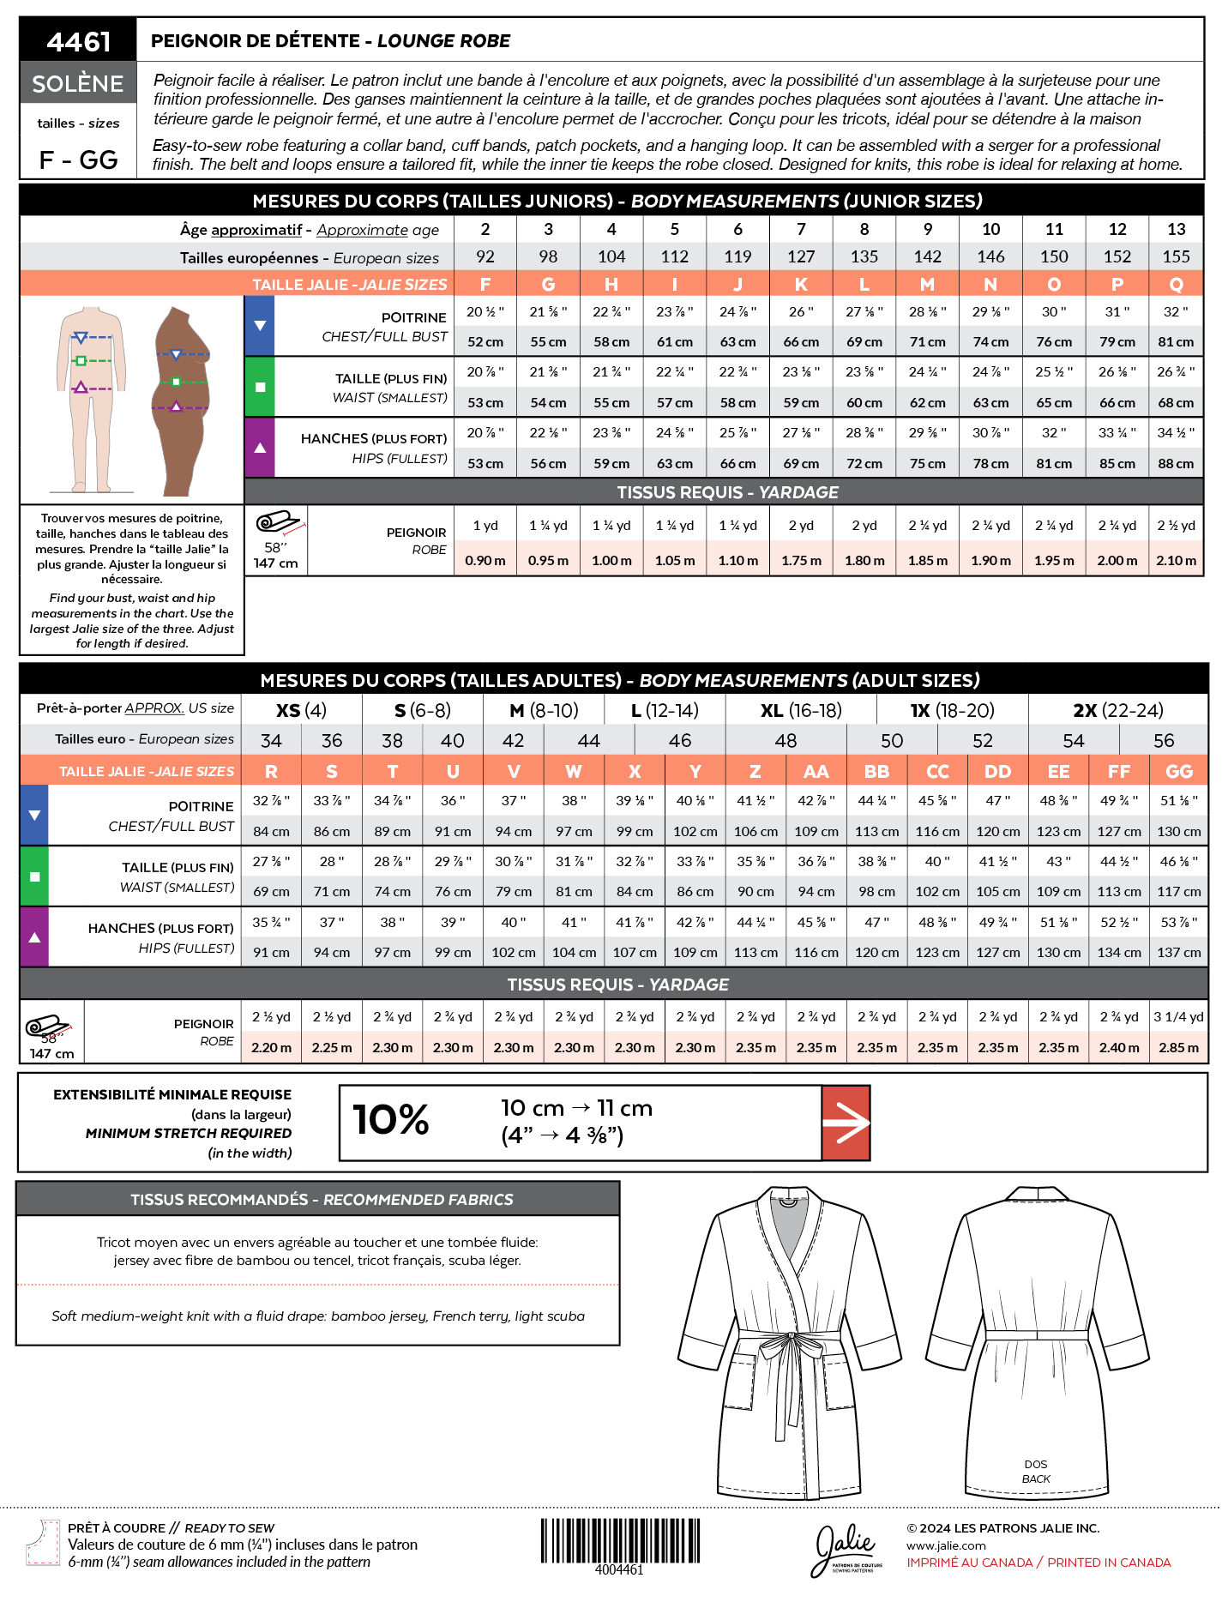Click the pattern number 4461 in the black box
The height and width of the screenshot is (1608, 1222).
tap(78, 40)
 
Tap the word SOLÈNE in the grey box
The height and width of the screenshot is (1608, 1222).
tap(78, 83)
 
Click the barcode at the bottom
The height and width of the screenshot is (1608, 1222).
tap(619, 1540)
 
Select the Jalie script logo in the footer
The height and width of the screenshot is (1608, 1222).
tap(846, 1546)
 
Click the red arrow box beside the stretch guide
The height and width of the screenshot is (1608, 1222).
tap(846, 1123)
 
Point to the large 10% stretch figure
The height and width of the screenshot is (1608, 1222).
tap(391, 1120)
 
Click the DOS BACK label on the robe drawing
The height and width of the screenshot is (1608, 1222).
tap(1036, 1472)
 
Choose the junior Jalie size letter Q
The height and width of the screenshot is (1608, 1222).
tap(1176, 284)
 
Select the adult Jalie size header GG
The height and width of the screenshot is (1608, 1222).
tap(1179, 771)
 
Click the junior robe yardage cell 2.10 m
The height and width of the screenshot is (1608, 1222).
tap(1176, 560)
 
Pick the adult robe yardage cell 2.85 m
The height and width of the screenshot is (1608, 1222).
tap(1179, 1047)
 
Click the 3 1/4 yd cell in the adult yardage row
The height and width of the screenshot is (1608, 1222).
tap(1178, 1016)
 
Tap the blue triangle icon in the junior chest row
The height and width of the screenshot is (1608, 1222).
tap(260, 326)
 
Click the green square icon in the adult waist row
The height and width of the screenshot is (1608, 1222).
tap(34, 876)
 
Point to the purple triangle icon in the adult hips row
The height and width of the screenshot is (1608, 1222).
tap(34, 937)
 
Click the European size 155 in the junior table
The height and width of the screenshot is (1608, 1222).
tap(1176, 256)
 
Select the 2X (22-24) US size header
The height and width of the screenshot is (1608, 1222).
tap(1117, 710)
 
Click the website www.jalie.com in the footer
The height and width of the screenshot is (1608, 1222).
tap(946, 1545)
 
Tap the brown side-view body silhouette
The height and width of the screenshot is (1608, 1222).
tap(180, 400)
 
